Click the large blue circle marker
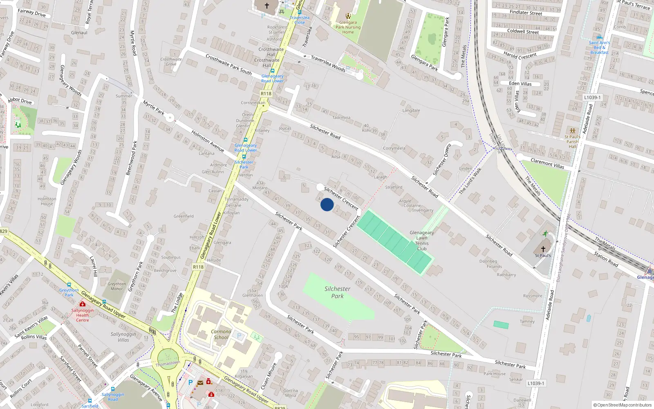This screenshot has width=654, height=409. pyautogui.click(x=327, y=204)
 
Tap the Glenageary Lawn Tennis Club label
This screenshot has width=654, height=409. pyautogui.click(x=422, y=240)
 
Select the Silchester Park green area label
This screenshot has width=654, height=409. pyautogui.click(x=337, y=292)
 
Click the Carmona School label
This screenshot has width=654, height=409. pyautogui.click(x=221, y=335)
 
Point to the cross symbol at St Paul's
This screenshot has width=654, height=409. pyautogui.click(x=543, y=249)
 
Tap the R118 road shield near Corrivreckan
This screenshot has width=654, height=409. pyautogui.click(x=266, y=94)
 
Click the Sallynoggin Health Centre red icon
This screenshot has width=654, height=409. pyautogui.click(x=83, y=304)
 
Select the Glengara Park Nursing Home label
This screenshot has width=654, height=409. pyautogui.click(x=348, y=27)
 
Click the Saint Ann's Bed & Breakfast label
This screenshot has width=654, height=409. pyautogui.click(x=599, y=47)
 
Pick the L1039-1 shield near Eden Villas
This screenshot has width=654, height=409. pyautogui.click(x=592, y=97)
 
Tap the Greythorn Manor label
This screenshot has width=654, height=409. pyautogui.click(x=117, y=286)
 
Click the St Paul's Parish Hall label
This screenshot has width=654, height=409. pyautogui.click(x=572, y=142)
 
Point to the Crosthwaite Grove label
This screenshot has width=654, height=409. pyautogui.click(x=171, y=62)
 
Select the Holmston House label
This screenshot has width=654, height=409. pyautogui.click(x=47, y=201)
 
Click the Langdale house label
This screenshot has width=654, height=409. pyautogui.click(x=411, y=110)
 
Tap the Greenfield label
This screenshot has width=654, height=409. pyautogui.click(x=184, y=216)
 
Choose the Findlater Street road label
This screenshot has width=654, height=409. pyautogui.click(x=526, y=13)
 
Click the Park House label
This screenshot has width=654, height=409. pyautogui.click(x=495, y=373)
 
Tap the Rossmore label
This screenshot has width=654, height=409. pyautogui.click(x=533, y=296)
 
